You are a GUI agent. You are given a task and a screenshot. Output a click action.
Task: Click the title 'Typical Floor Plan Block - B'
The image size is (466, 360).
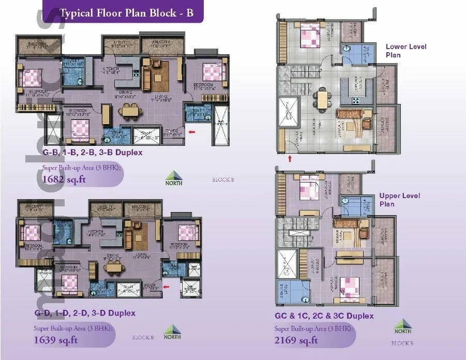pyautogui.click(x=126, y=13)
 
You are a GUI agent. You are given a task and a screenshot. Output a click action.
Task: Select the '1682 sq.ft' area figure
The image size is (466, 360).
pyautogui.click(x=64, y=180)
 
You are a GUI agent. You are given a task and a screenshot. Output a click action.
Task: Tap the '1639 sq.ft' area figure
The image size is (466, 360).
pyautogui.click(x=56, y=340)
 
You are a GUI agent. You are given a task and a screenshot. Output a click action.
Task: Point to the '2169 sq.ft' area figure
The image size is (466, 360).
pyautogui.click(x=296, y=340)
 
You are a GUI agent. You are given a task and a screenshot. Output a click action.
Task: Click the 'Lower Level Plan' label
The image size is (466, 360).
pyautogui.click(x=406, y=51)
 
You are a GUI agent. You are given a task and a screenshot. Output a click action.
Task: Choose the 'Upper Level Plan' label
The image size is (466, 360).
pyautogui.click(x=399, y=200)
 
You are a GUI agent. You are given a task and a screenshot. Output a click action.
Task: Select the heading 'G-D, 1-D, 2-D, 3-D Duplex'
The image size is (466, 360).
pyautogui.click(x=85, y=313)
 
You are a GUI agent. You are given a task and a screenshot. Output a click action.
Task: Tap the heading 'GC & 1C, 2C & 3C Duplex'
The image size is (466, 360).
pyautogui.click(x=324, y=316)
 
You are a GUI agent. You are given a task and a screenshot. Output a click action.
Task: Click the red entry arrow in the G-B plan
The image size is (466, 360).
pyautogui.click(x=192, y=133)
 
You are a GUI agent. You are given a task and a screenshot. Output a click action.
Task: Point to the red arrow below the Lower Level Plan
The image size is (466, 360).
pyautogui.click(x=290, y=158)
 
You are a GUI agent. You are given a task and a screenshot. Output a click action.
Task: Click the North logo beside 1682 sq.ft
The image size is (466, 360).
pyautogui.click(x=173, y=178)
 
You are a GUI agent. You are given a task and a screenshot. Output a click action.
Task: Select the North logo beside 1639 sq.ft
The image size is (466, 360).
pyautogui.click(x=172, y=333)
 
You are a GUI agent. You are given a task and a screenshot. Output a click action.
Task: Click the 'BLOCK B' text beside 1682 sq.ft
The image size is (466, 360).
pyautogui.click(x=223, y=180)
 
